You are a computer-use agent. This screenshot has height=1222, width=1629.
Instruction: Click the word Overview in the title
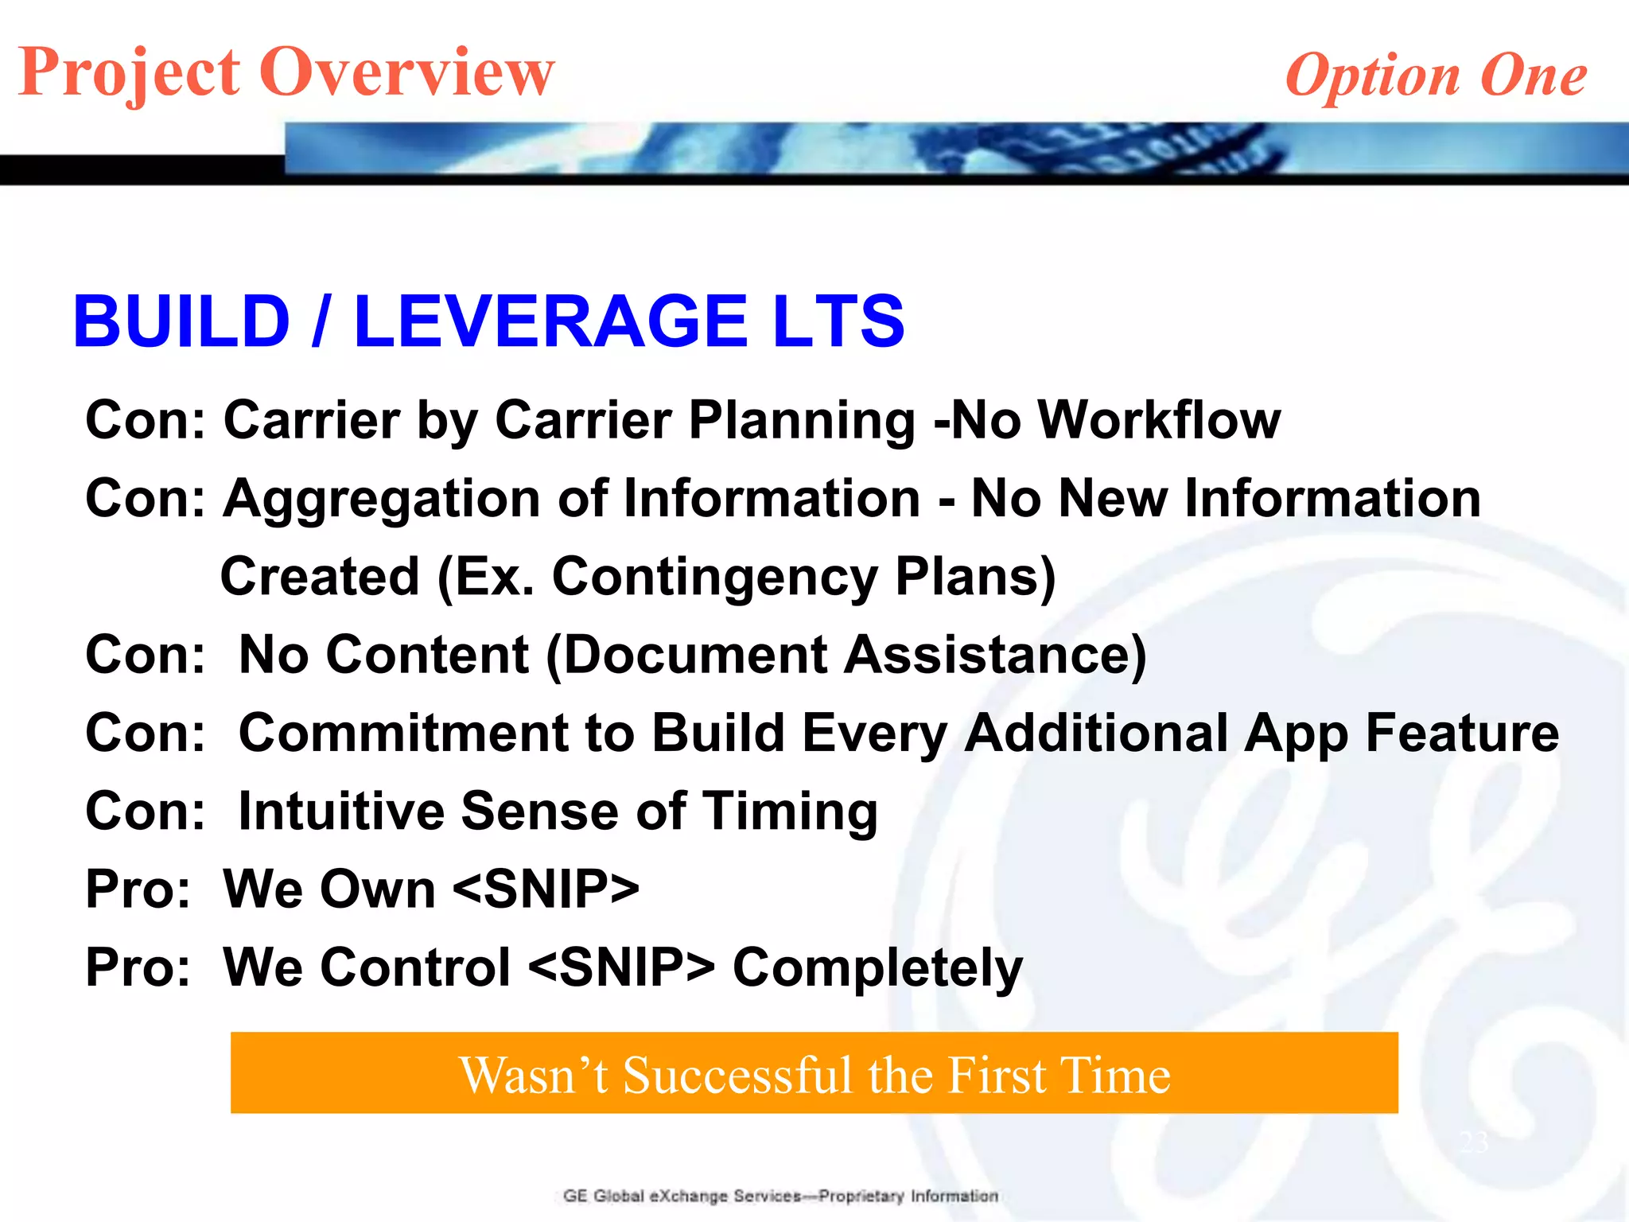point(406,72)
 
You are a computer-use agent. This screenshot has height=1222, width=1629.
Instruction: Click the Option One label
point(1436,76)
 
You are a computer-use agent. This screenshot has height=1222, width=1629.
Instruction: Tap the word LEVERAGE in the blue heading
point(550,321)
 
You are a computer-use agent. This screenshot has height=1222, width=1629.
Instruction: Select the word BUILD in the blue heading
point(181,321)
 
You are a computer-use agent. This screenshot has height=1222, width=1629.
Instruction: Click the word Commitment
point(403,733)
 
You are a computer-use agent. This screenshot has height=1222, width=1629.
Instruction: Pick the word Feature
point(1462,733)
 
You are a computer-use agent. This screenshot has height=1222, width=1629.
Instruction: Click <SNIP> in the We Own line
point(546,889)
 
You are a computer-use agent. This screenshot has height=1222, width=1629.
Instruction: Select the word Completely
point(877,968)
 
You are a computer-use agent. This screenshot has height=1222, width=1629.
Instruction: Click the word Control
point(367,967)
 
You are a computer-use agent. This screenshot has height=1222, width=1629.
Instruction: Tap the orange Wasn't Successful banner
point(814,1072)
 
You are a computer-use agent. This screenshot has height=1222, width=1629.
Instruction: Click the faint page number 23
point(1474,1142)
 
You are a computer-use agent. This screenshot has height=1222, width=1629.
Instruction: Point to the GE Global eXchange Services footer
point(780,1196)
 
